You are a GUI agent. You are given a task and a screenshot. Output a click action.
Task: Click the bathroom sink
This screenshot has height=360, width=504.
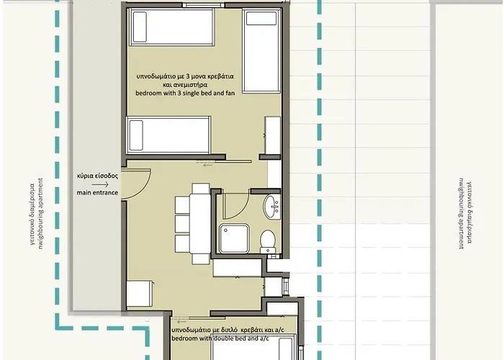(272, 207)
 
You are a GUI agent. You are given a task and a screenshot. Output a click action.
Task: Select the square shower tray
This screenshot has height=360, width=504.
(234, 239)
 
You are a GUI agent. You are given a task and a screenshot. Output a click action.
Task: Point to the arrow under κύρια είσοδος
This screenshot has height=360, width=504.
(100, 184)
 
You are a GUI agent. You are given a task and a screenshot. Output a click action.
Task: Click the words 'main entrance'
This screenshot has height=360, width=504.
(97, 192)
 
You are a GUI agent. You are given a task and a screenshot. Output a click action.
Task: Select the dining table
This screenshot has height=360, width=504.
(200, 224)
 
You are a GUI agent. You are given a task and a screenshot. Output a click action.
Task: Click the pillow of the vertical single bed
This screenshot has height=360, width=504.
(261, 19)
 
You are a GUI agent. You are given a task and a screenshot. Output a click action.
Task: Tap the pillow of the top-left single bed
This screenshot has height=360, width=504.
(140, 27)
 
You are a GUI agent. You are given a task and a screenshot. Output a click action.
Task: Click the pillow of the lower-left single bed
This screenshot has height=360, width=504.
(136, 135)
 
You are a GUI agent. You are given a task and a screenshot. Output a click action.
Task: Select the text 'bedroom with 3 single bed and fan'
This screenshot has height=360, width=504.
(185, 93)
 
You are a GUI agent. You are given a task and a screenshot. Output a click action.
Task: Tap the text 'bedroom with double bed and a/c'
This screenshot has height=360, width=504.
(220, 338)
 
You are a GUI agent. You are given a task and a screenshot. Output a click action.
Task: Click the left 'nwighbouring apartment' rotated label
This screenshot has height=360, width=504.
(41, 214)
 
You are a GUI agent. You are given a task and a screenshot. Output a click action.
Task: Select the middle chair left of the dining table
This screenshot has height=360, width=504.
(182, 224)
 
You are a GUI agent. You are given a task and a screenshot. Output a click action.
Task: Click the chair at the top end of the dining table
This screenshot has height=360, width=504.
(201, 189)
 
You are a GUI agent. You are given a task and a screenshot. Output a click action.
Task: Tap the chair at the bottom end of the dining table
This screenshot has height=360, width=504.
(201, 259)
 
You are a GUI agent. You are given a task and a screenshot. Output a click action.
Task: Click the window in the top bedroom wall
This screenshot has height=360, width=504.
(203, 5)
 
